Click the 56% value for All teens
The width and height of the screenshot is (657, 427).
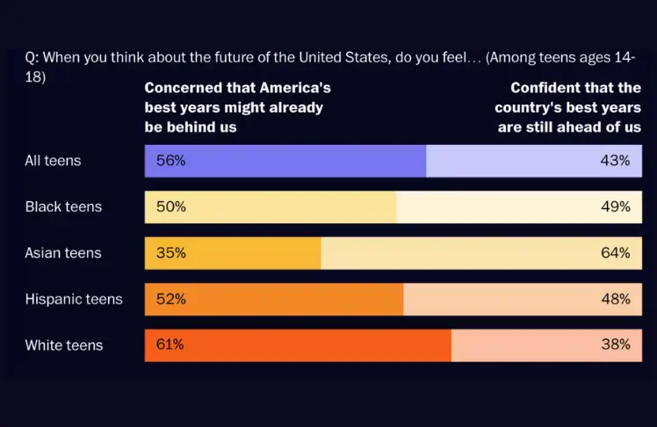(x=170, y=161)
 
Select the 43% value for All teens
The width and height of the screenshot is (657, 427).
(x=616, y=161)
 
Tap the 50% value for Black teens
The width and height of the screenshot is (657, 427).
(x=170, y=206)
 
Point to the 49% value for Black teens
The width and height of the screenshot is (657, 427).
(x=616, y=206)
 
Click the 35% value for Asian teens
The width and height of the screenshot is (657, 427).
(x=170, y=253)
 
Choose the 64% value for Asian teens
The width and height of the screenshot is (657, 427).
(x=616, y=253)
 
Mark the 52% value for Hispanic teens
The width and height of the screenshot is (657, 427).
(x=170, y=299)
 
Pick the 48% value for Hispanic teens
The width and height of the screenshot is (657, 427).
(x=616, y=299)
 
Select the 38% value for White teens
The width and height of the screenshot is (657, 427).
(x=616, y=344)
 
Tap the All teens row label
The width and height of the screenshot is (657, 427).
(x=53, y=161)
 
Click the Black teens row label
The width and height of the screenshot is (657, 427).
(x=63, y=206)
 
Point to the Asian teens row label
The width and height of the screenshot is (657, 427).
(x=63, y=253)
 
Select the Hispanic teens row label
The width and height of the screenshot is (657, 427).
(x=74, y=299)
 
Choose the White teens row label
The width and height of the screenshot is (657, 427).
(x=64, y=345)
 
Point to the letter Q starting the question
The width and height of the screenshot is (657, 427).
(x=31, y=58)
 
